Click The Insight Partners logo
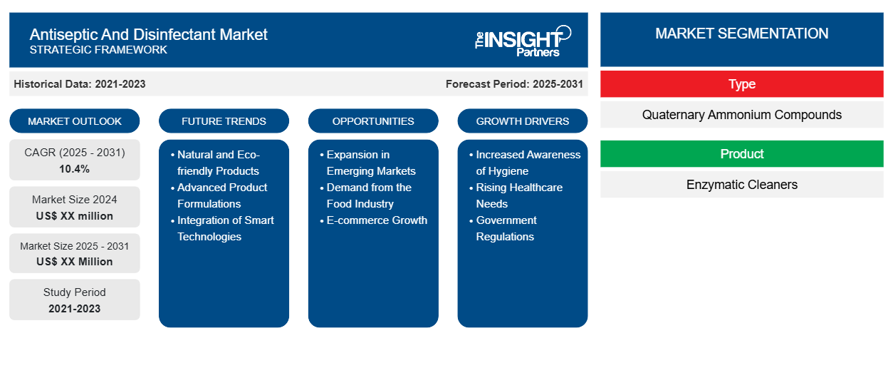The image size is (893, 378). tap(523, 41)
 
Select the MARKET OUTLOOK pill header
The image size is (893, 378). tap(75, 121)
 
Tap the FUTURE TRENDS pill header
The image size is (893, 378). tap(224, 121)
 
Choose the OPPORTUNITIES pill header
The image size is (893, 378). tap(373, 121)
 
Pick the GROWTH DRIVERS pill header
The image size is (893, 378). tap(522, 121)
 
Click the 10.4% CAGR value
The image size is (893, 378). tap(75, 169)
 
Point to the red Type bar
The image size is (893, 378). tap(741, 84)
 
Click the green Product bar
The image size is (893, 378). tap(741, 153)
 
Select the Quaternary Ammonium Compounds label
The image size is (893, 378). tap(741, 115)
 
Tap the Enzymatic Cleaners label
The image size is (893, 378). tap(741, 185)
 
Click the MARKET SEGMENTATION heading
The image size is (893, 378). tap(741, 34)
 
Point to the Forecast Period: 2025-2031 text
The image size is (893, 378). tap(514, 84)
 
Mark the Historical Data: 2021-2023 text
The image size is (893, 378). tap(80, 84)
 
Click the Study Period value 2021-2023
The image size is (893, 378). tap(75, 309)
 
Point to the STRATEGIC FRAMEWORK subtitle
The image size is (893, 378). tap(98, 50)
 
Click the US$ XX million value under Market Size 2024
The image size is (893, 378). tap(75, 216)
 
